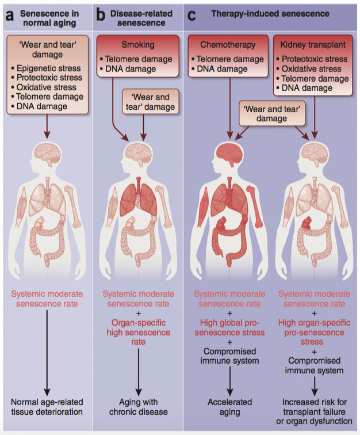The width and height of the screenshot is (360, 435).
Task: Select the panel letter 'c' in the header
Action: tap(192, 15)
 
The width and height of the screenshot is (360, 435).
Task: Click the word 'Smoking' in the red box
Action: tap(138, 44)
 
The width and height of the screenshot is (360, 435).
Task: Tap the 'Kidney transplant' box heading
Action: tap(313, 44)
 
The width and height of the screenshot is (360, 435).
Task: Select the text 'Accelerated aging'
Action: tap(229, 406)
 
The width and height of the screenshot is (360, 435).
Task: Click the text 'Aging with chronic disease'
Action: tap(138, 406)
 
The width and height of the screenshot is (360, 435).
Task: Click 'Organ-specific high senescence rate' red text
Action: tap(138, 332)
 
